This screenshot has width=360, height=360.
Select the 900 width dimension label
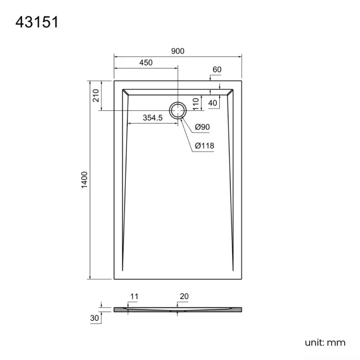[178, 51]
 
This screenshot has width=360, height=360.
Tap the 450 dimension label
[146, 63]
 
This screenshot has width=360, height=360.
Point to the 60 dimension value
[217, 69]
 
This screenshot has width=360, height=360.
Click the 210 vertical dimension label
[96, 95]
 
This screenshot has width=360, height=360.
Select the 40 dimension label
[213, 103]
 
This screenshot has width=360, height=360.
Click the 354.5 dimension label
[152, 117]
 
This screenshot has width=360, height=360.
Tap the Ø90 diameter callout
[202, 127]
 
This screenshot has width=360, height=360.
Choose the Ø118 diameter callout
[204, 146]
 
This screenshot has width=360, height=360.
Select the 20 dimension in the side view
[184, 297]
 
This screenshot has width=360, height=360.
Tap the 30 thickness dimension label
[95, 318]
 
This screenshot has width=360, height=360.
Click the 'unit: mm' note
[325, 343]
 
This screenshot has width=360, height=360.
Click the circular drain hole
[178, 110]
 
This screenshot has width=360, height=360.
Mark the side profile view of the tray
[178, 309]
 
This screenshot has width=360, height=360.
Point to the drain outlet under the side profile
[178, 312]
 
